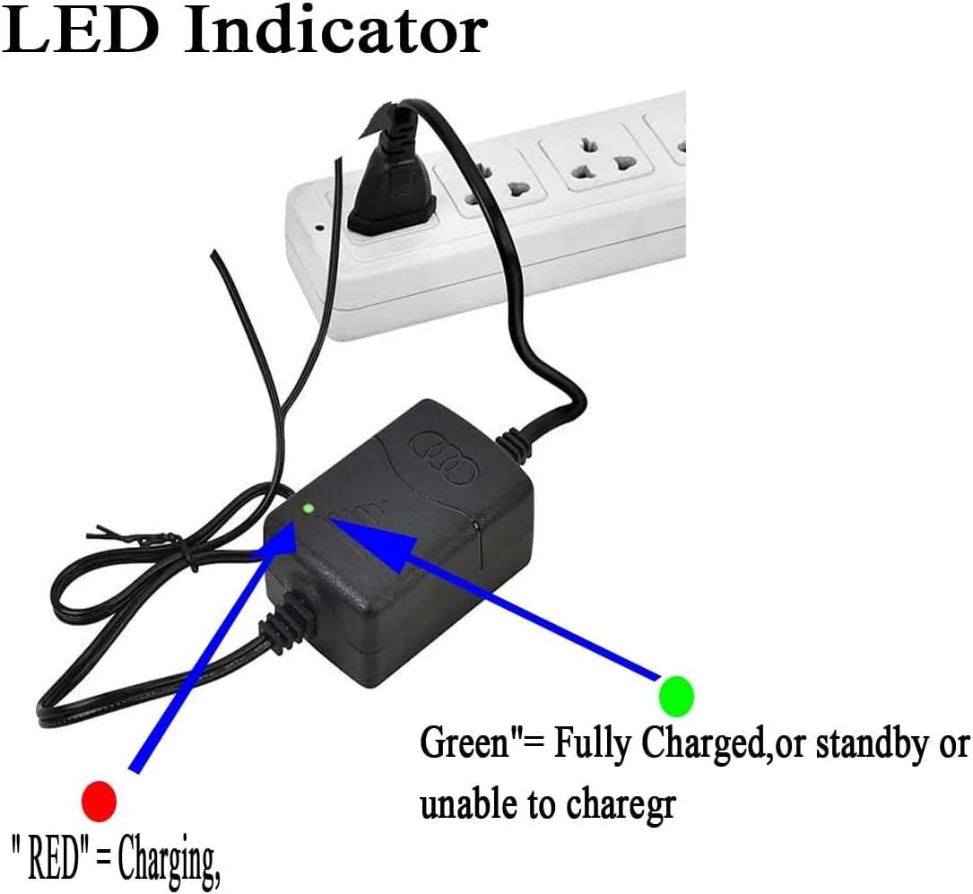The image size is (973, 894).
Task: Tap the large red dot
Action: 100,801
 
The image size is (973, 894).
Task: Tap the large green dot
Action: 676,696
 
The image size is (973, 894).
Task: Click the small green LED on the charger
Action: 308,508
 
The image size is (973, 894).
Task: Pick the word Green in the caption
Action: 465,742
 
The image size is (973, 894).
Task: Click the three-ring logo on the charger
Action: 444,458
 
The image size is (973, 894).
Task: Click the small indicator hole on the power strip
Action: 320,227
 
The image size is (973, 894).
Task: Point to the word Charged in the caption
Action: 703,743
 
